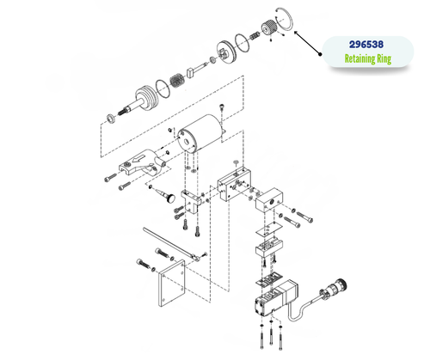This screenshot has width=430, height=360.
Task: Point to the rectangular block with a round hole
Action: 274,203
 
